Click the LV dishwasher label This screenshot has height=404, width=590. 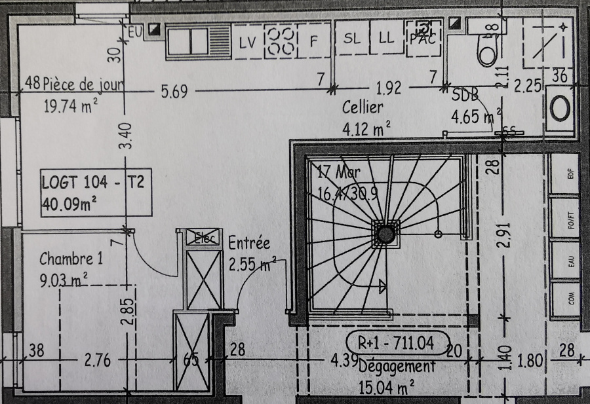[247, 43]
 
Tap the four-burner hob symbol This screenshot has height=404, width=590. [281, 41]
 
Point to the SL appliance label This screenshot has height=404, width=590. [352, 39]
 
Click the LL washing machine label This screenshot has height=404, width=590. [386, 39]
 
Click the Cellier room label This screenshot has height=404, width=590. [363, 107]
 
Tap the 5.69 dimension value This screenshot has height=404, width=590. [174, 92]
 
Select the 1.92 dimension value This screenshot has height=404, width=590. [388, 88]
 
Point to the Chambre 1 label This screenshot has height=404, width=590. [71, 257]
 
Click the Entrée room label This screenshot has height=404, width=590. [249, 243]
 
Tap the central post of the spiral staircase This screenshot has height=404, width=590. [385, 233]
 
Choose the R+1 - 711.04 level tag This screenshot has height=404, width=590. [397, 341]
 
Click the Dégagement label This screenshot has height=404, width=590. [397, 367]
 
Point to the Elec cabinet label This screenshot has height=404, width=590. [205, 238]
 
